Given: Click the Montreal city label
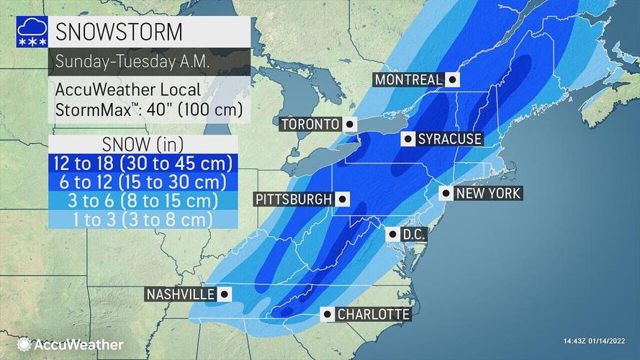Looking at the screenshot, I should [x=407, y=80].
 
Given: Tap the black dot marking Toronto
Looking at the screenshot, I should [x=350, y=125].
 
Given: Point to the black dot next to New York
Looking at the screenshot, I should [x=446, y=193].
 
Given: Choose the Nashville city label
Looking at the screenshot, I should [x=180, y=294].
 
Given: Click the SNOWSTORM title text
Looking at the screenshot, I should [x=119, y=33].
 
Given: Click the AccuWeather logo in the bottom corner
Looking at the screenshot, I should [x=71, y=345].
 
